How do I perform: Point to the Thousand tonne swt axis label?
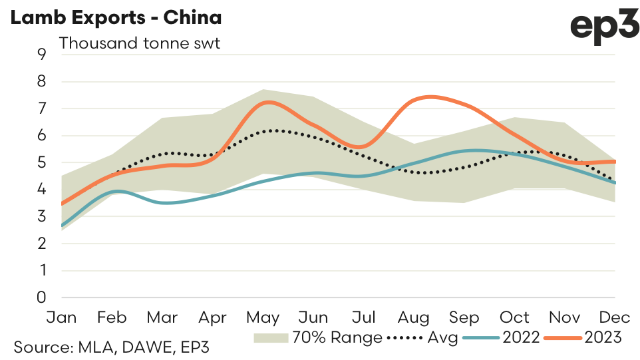click(x=140, y=43)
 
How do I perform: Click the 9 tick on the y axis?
click(x=42, y=55)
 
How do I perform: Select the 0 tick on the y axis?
click(x=42, y=297)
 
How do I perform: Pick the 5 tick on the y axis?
click(x=42, y=162)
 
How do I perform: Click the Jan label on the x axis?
click(x=61, y=317)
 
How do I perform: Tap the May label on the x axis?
click(x=265, y=317)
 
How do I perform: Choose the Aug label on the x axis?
click(x=414, y=317)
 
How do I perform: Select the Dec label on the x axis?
click(x=615, y=317)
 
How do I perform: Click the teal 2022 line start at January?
click(x=62, y=226)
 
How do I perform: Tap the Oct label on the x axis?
click(x=514, y=317)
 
